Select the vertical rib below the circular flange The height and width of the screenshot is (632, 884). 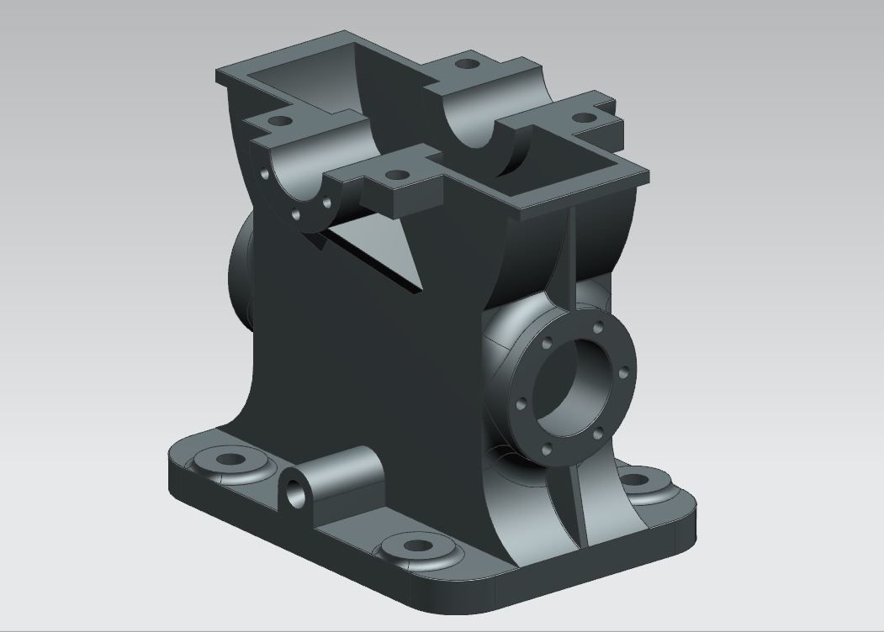pos(573,504)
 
